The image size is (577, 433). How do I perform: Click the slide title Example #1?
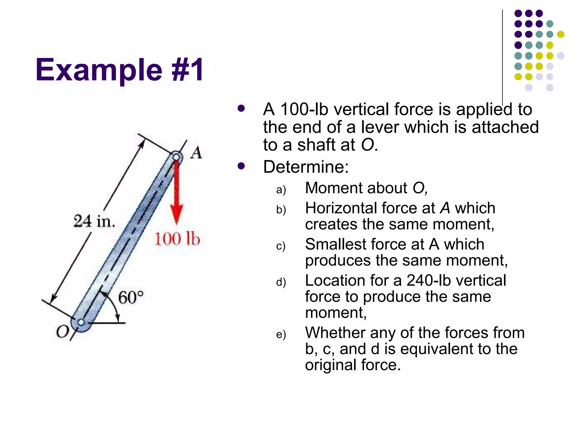tap(119, 70)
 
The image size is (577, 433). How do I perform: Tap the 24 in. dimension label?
tap(94, 221)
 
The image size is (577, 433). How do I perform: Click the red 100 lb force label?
tap(177, 239)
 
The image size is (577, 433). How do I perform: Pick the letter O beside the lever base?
tap(62, 332)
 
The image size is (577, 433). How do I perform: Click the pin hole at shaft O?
tap(81, 322)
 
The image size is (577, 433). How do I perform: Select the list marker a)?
tap(281, 190)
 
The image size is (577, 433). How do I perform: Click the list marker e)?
tap(281, 335)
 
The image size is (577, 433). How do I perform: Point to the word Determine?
tap(306, 167)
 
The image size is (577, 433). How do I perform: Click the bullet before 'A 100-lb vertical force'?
tap(241, 109)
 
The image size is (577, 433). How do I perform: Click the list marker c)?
tap(281, 246)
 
